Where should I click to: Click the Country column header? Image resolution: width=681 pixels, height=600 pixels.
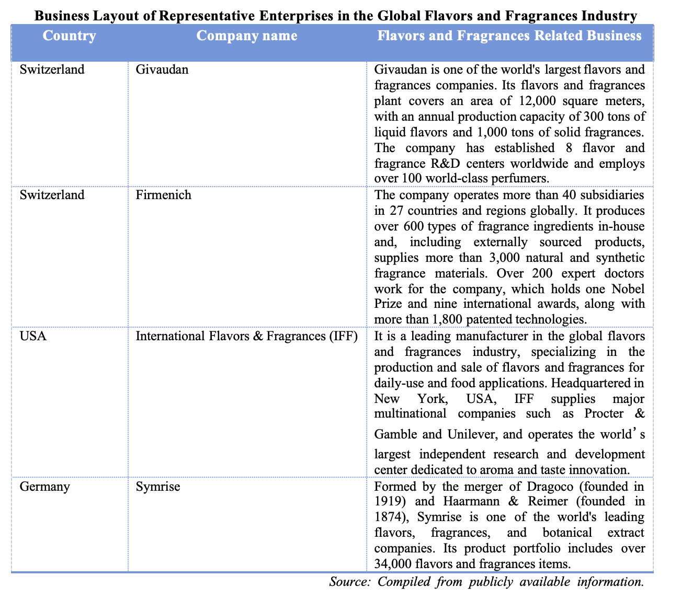[x=70, y=36]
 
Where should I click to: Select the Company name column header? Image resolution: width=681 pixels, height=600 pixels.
[x=247, y=36]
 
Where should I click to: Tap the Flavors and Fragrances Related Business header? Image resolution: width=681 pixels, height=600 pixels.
[x=509, y=36]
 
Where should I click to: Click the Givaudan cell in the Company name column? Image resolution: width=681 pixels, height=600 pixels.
[x=162, y=70]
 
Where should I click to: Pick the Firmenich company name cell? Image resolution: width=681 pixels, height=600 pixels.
[x=163, y=195]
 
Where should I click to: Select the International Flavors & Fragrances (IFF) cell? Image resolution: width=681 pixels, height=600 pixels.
[x=246, y=336]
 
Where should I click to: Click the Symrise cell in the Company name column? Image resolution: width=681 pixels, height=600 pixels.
[x=157, y=487]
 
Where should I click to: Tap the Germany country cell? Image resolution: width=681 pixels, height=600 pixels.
[x=44, y=487]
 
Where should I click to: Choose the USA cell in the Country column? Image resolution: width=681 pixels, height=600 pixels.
[x=33, y=336]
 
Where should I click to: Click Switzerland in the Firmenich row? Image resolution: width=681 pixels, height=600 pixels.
[x=52, y=195]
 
